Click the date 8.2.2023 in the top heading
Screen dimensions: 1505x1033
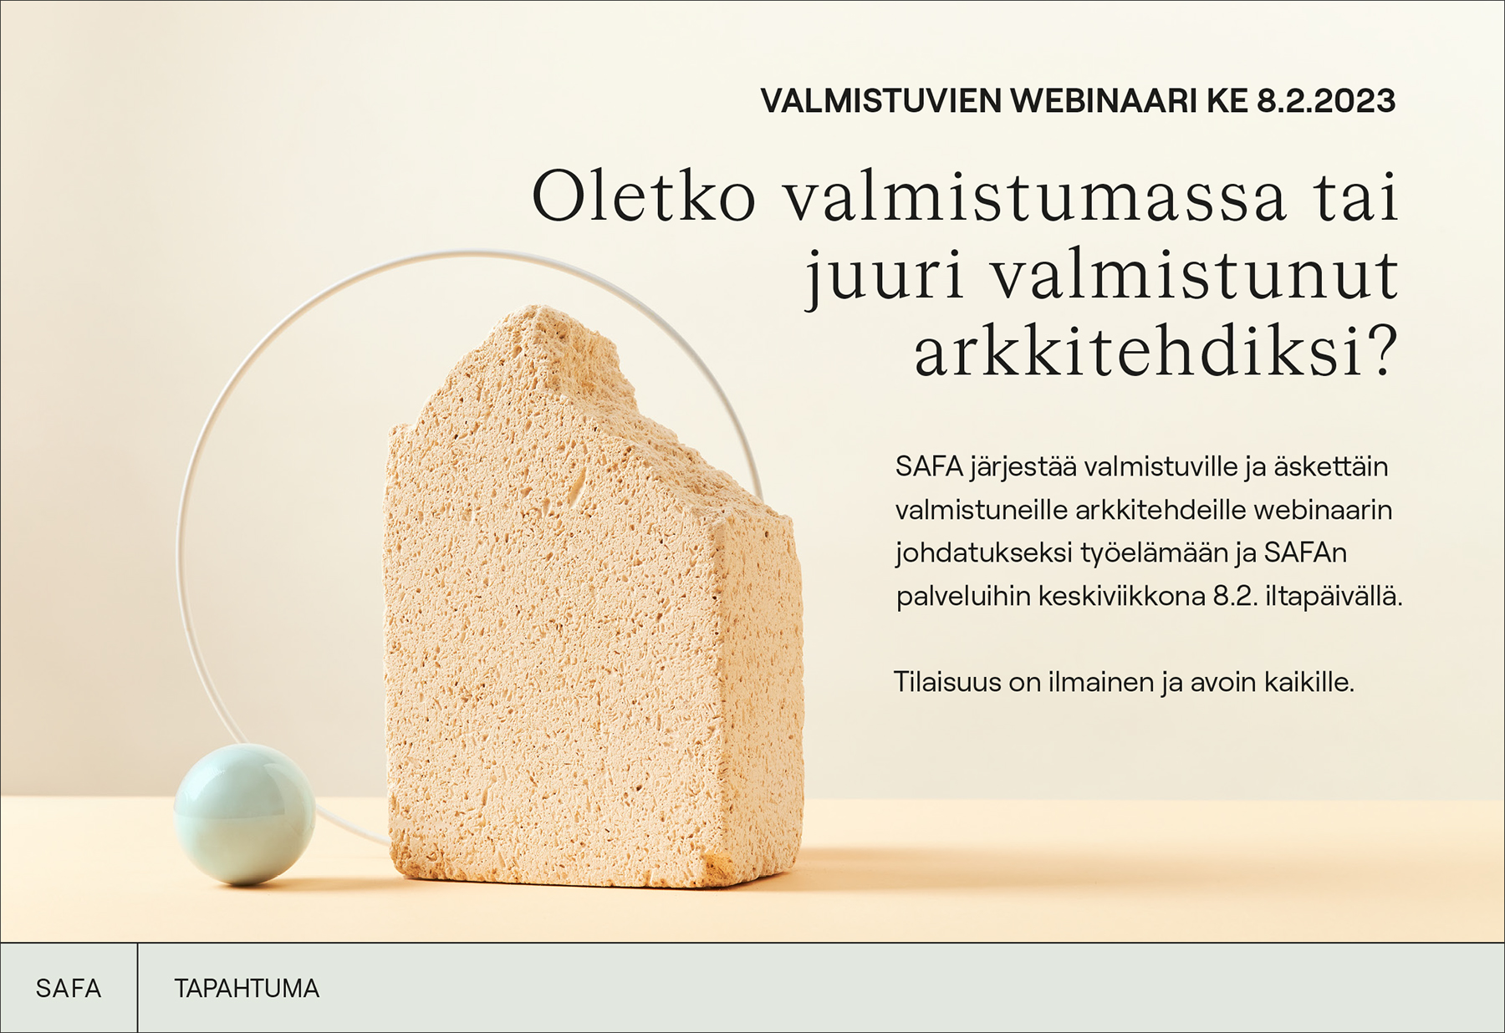click(x=1326, y=101)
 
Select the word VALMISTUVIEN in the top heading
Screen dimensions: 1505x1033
click(x=881, y=101)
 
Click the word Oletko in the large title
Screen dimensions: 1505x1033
click(x=644, y=197)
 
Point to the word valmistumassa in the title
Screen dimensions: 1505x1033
click(x=1034, y=197)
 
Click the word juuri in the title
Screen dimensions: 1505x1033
click(x=885, y=276)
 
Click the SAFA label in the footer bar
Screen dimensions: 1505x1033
click(x=69, y=989)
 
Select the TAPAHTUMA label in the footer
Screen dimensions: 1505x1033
click(x=247, y=989)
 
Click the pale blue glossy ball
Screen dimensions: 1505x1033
click(x=244, y=814)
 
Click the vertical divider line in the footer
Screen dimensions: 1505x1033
click(x=137, y=988)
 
